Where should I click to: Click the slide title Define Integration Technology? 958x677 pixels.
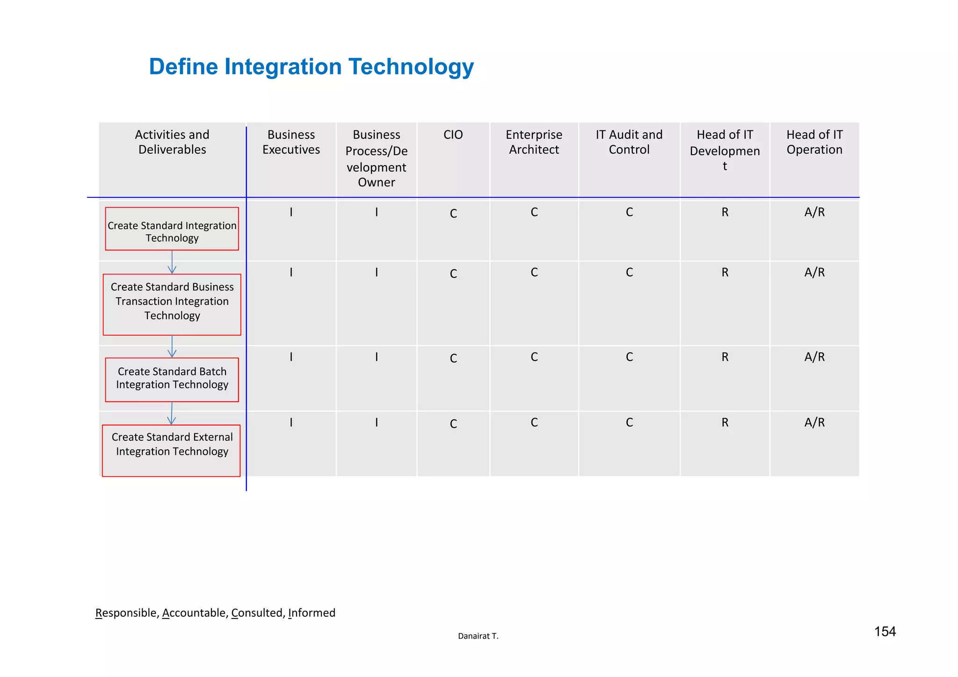coord(311,67)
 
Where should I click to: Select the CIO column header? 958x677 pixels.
coord(453,135)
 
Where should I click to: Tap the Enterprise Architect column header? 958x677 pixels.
coord(534,142)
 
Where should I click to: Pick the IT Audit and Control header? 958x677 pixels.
coord(629,142)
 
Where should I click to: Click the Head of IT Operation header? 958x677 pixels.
coord(814,142)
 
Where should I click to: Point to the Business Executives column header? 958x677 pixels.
coord(291,142)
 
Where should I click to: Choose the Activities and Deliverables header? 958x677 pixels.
coord(172,142)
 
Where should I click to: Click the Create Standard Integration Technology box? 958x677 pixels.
coord(172,229)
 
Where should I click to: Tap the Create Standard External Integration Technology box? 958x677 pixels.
coord(172,450)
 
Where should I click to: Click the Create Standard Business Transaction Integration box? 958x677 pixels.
coord(172,304)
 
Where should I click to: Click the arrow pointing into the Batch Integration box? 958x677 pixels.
coord(172,347)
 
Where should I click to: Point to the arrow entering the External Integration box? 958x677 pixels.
coord(172,414)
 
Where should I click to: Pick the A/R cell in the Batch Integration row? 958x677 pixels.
coord(814,357)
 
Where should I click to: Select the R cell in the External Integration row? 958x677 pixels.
coord(725,423)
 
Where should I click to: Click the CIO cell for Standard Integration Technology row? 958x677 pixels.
coord(453,214)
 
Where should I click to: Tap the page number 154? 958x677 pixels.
coord(885,632)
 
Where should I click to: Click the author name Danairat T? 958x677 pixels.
coord(478,636)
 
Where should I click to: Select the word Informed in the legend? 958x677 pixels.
coord(312,613)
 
